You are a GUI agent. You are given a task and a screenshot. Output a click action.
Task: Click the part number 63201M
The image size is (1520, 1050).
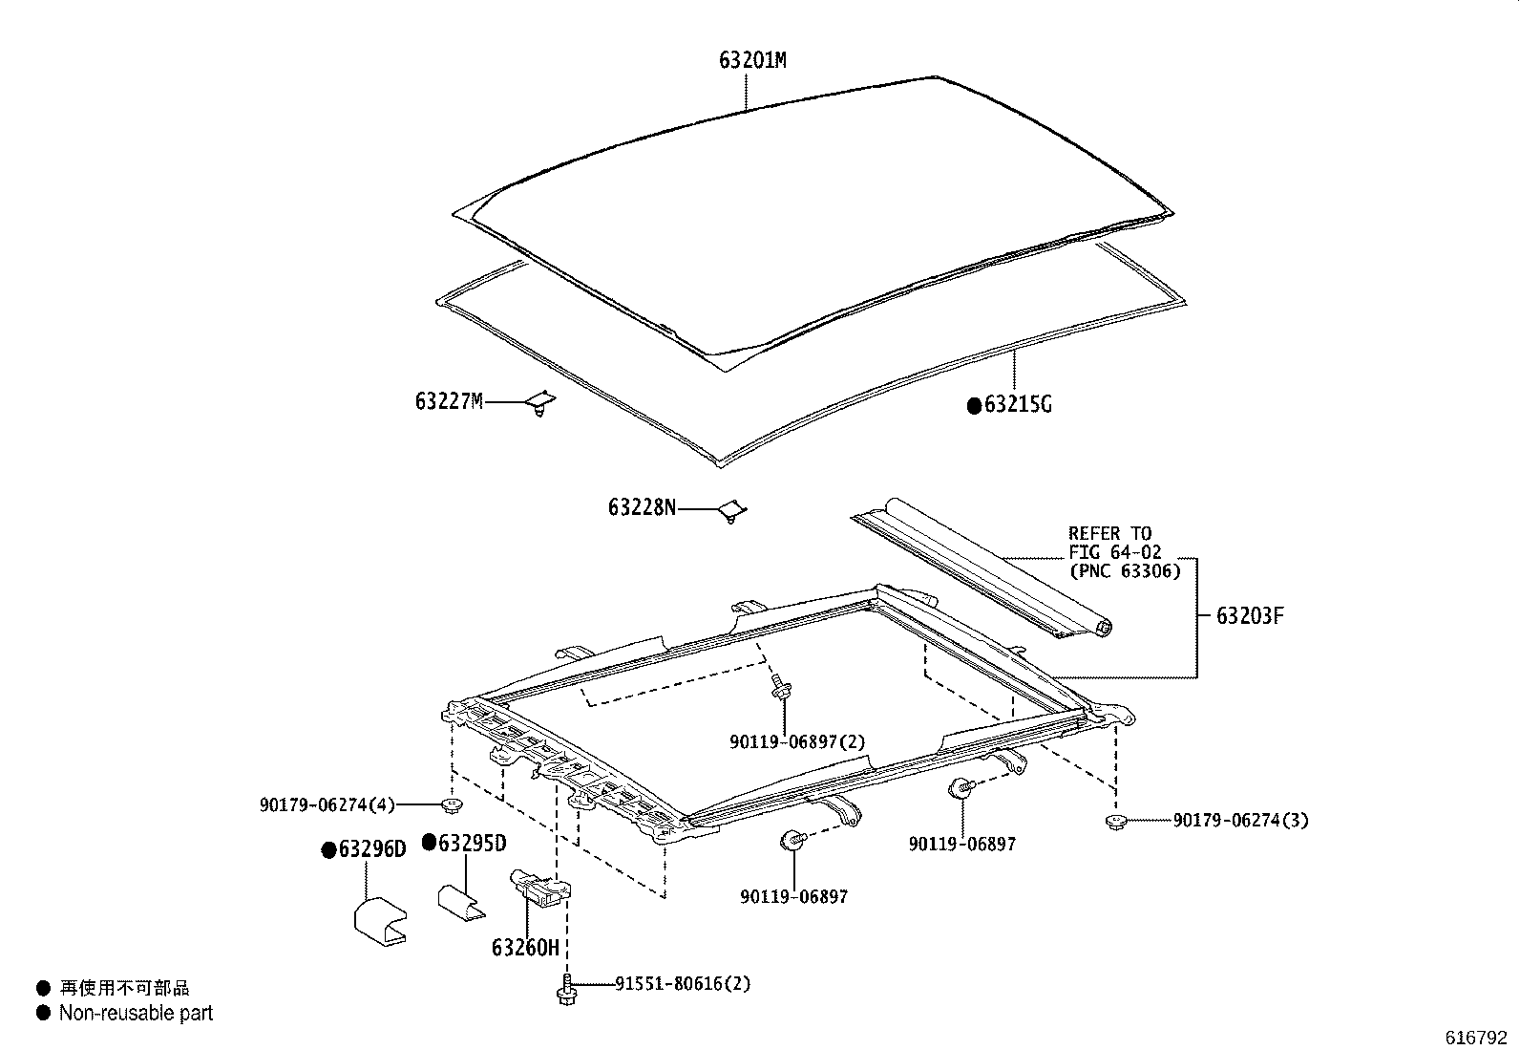tap(752, 60)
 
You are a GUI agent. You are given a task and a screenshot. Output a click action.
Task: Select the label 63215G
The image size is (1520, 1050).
tap(1017, 405)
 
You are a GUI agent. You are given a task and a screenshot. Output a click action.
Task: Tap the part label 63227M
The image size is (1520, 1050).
tap(449, 401)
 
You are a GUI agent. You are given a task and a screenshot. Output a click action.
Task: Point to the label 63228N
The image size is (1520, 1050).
tap(642, 507)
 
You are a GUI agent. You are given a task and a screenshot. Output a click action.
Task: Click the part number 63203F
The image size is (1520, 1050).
tap(1250, 616)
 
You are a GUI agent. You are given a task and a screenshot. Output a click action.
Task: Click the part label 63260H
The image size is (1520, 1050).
tap(524, 948)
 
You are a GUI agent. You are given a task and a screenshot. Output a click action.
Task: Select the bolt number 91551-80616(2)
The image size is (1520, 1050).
tap(682, 983)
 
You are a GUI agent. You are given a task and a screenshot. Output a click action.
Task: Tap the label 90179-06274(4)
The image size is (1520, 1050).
tap(327, 805)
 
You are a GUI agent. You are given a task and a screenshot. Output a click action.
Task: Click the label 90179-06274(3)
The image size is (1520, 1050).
tap(1240, 820)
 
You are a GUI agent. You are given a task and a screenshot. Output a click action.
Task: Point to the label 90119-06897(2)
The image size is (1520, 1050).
tap(797, 741)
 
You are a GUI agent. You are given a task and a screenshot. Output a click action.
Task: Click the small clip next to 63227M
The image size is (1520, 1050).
tap(541, 405)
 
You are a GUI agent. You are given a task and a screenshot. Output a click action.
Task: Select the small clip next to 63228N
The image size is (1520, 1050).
tap(731, 511)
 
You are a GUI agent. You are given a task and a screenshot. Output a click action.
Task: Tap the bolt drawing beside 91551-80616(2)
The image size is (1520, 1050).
tap(564, 990)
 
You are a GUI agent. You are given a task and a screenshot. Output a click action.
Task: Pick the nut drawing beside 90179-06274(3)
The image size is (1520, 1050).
tap(1113, 821)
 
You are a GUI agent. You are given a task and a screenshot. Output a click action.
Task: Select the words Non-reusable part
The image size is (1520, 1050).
tap(136, 1013)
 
